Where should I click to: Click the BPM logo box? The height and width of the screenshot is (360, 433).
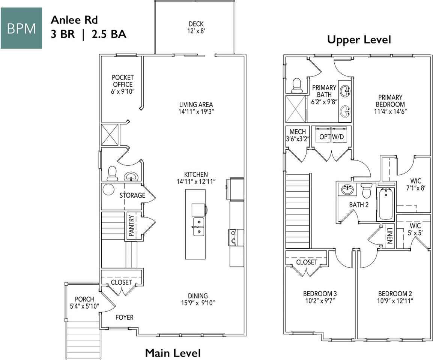(x=21, y=28)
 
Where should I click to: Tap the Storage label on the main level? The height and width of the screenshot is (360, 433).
(x=132, y=195)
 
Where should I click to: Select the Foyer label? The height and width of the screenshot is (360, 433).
(x=124, y=318)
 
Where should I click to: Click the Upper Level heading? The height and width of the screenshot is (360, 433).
(x=359, y=39)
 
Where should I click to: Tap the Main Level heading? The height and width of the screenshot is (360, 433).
(x=173, y=353)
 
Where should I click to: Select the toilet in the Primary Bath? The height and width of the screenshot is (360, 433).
(x=297, y=85)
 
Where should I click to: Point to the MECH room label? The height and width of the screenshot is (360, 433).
(x=298, y=132)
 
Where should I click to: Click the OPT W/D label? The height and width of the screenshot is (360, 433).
(x=332, y=137)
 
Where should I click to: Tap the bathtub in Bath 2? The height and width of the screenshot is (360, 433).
(x=386, y=204)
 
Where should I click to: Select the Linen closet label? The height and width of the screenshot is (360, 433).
(x=389, y=235)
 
